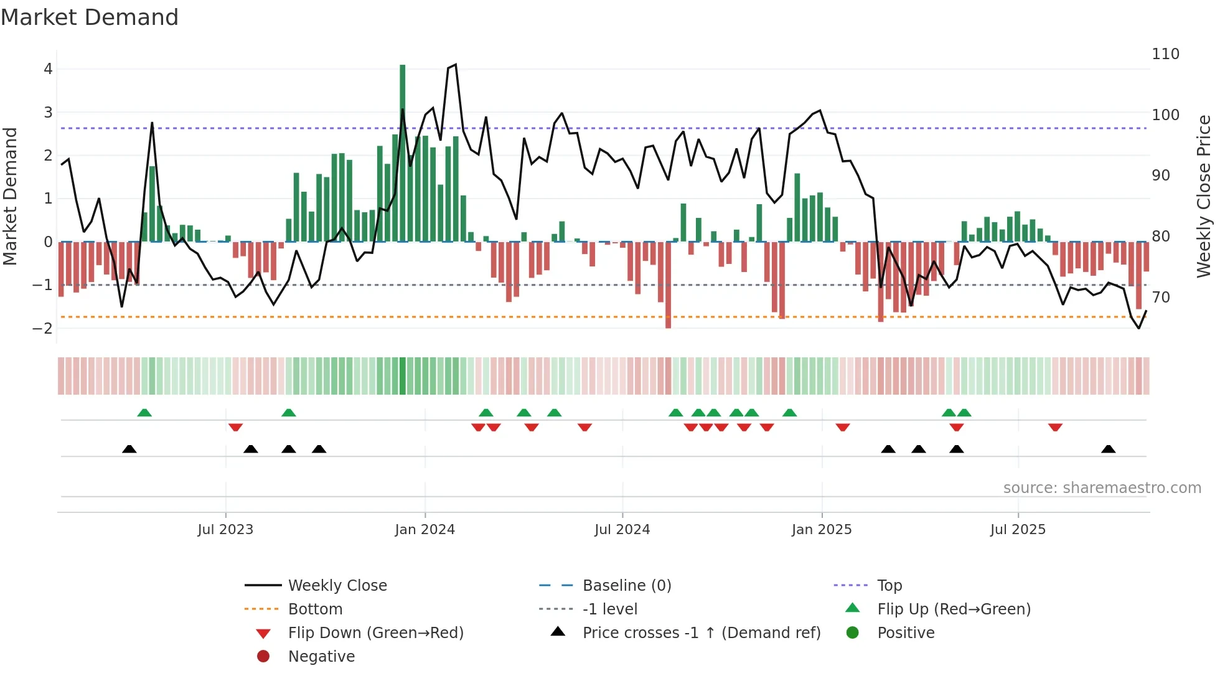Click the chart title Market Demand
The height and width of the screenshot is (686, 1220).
click(x=90, y=17)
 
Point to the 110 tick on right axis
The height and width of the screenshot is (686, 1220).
click(x=1165, y=54)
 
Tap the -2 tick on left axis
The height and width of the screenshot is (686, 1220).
click(x=42, y=328)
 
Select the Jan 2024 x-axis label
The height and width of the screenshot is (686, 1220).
click(x=425, y=530)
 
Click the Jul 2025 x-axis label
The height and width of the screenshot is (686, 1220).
click(x=1018, y=530)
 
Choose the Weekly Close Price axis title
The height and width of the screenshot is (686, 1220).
click(x=1204, y=196)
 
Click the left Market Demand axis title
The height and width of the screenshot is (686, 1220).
click(x=11, y=196)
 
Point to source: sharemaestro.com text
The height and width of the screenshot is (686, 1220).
click(x=1102, y=488)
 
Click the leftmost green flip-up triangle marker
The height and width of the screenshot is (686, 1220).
click(x=144, y=413)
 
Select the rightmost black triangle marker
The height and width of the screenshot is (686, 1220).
click(x=1108, y=449)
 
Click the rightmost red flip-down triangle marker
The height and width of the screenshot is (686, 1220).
click(x=1055, y=427)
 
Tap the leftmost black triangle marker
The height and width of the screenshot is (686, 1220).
click(x=129, y=449)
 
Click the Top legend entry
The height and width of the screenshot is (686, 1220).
click(x=889, y=586)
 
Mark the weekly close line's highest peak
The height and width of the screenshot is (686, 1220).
click(x=456, y=64)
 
